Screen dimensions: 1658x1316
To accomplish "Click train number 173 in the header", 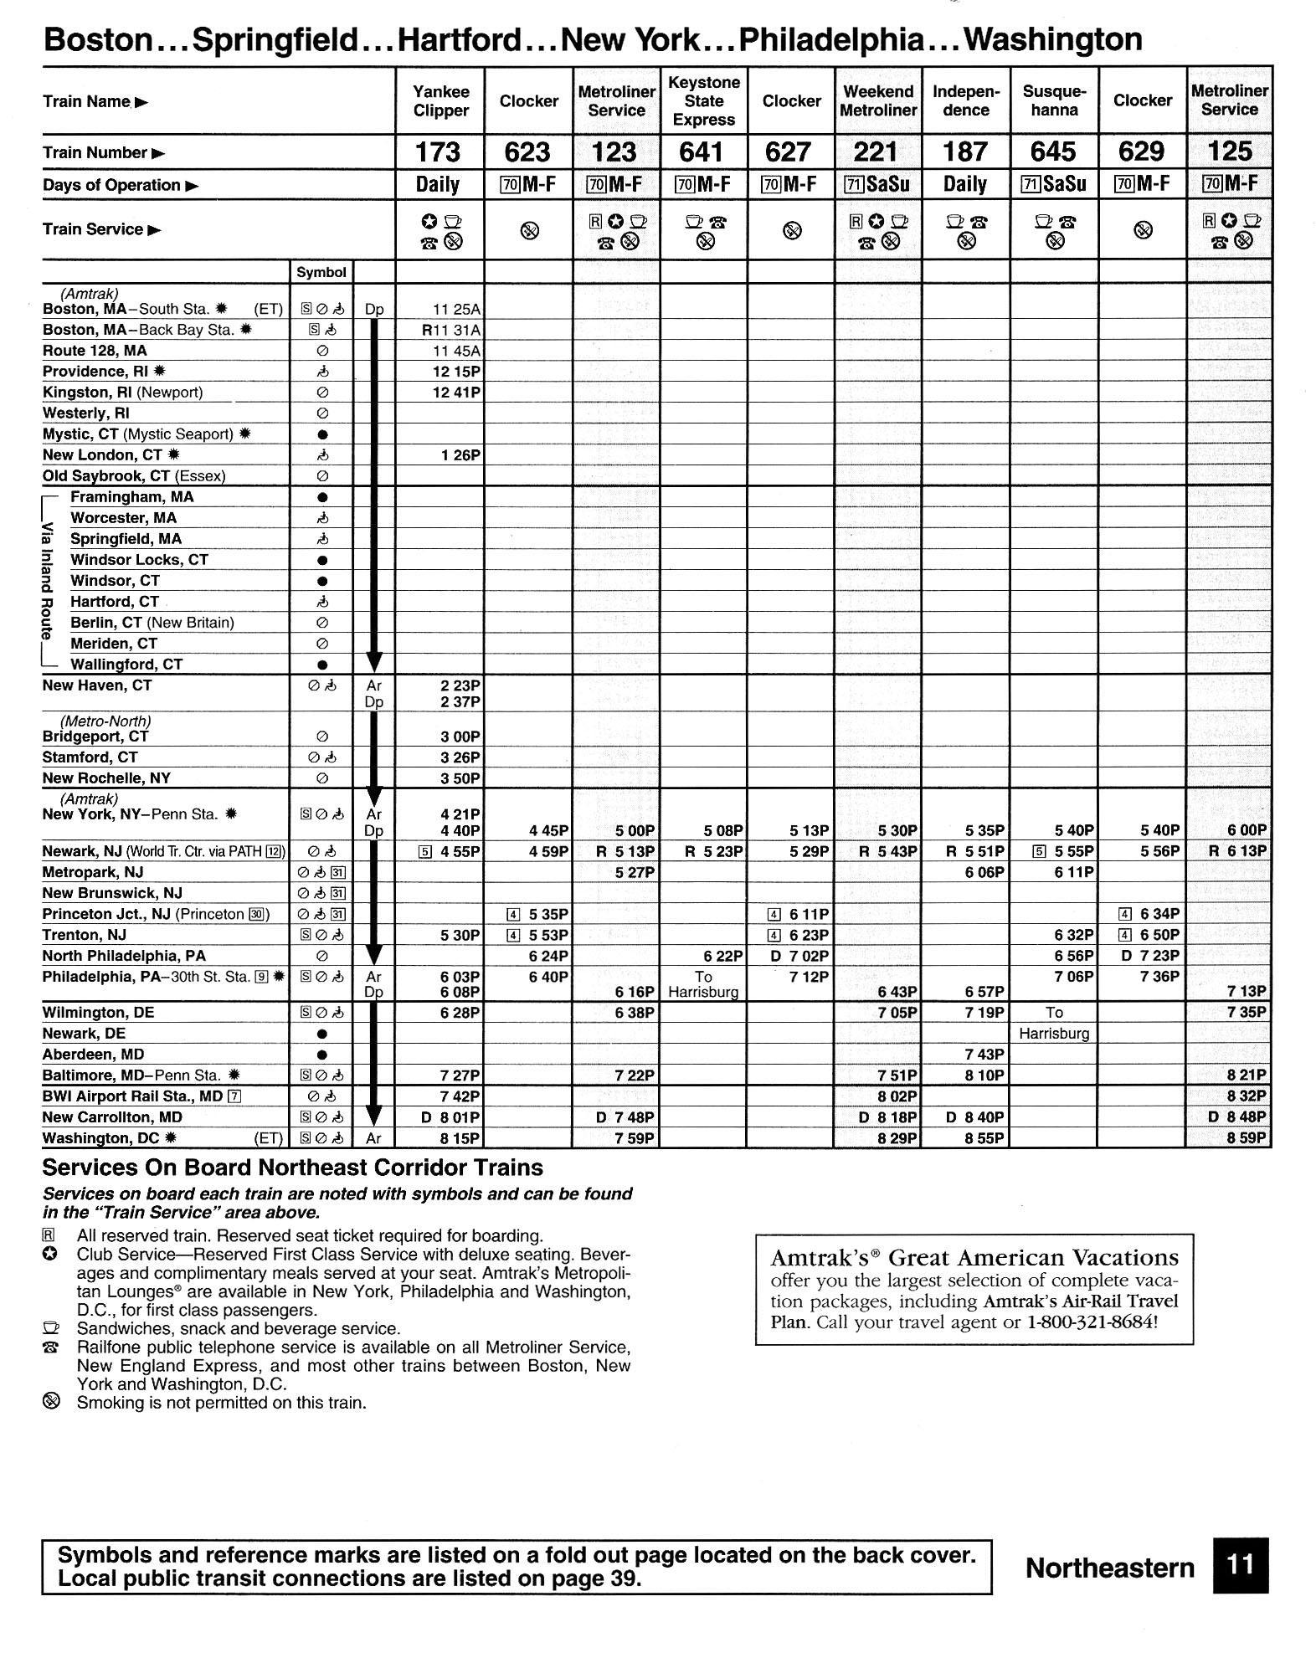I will tap(438, 151).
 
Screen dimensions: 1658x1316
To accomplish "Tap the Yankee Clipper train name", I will tap(440, 101).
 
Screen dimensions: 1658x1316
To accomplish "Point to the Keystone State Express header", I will tap(703, 101).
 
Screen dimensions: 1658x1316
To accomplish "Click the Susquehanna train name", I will tap(1054, 101).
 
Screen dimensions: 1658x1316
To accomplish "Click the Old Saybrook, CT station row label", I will tap(134, 476).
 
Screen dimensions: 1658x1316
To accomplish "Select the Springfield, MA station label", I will tap(126, 539).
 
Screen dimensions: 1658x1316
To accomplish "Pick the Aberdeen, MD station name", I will tap(93, 1055).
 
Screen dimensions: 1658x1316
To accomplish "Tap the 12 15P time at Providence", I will tap(456, 372).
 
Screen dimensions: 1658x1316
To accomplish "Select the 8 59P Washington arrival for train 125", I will tap(1247, 1138).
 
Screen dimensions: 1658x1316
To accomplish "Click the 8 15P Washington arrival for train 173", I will tap(460, 1138).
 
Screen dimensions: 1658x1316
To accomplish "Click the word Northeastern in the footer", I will tap(1109, 1568).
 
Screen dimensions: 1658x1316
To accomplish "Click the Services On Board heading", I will tap(292, 1168).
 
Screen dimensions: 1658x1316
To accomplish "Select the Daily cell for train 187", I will tap(965, 184).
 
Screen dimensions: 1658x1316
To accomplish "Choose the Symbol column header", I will tap(321, 272).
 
